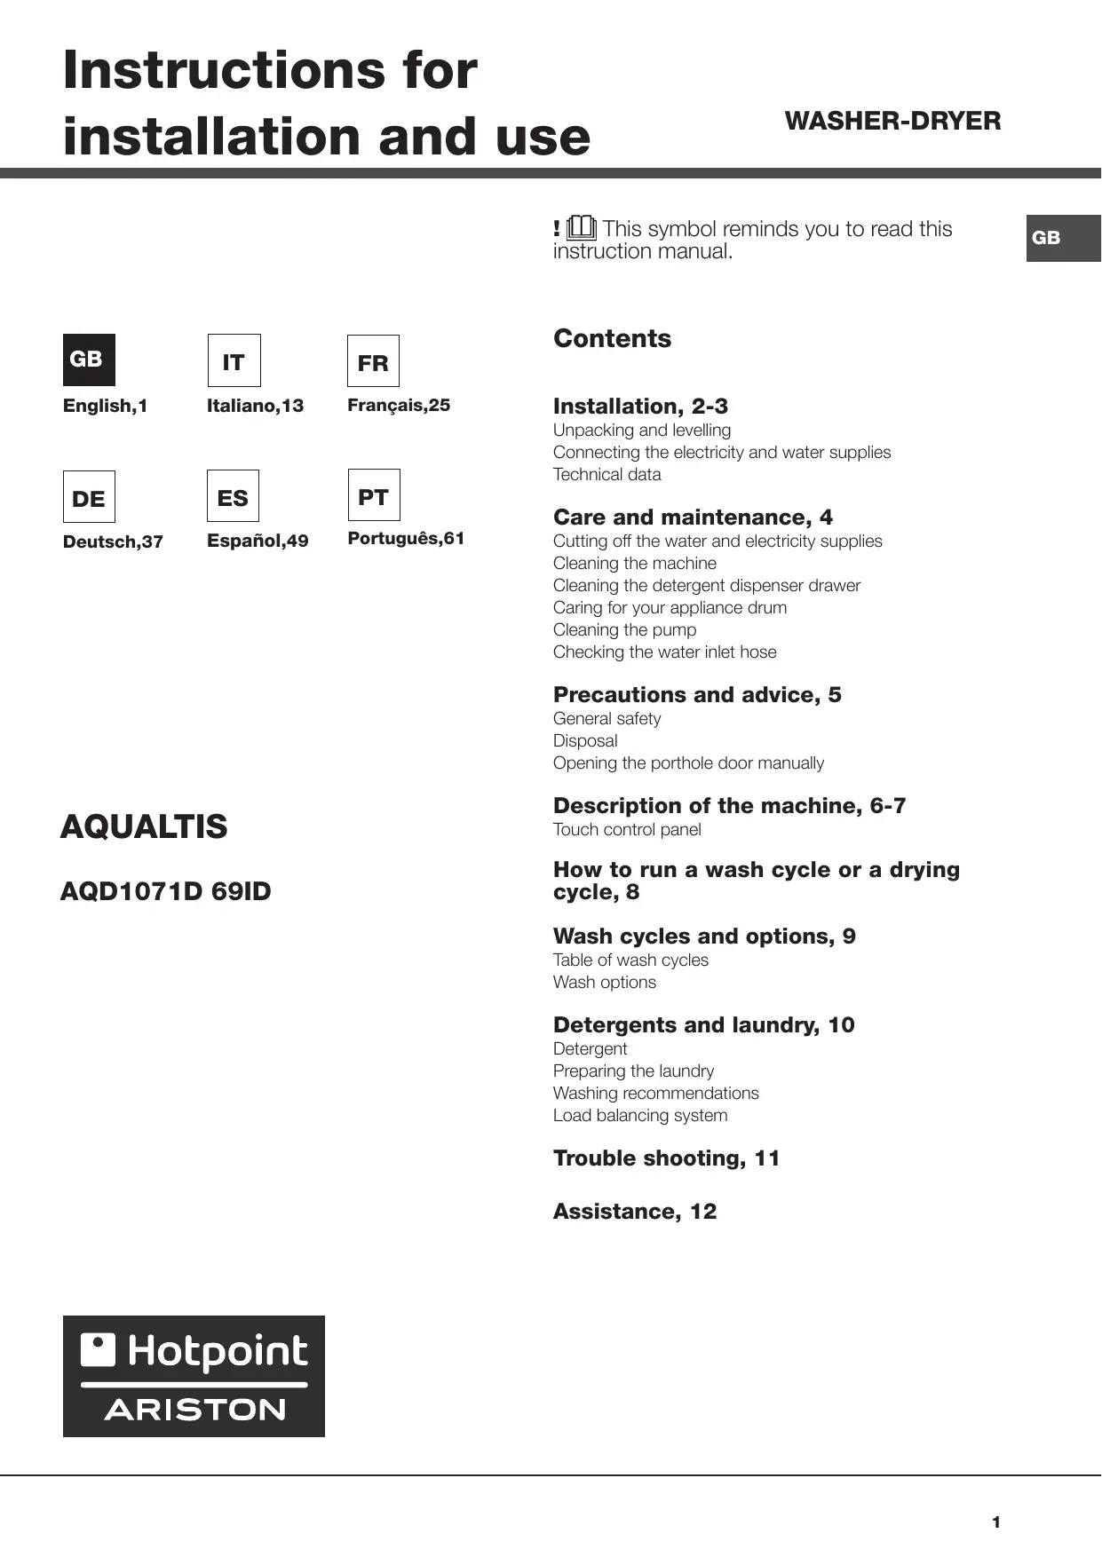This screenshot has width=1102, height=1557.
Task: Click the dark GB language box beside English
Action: coord(89,360)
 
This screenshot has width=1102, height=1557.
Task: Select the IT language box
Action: coord(234,360)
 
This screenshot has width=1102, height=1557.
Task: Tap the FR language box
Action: coord(373,361)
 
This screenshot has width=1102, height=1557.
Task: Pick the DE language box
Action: coord(89,497)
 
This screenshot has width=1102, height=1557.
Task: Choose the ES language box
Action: coord(233,496)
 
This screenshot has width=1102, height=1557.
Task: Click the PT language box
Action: coord(374,495)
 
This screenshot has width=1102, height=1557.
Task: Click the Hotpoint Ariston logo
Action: coord(194,1376)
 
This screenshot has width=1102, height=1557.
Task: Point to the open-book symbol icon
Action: coord(582,228)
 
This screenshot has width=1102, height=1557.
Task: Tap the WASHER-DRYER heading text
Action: coord(892,121)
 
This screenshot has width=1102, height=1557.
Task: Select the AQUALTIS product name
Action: coord(144,826)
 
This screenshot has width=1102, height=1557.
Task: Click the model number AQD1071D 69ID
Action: coord(165,891)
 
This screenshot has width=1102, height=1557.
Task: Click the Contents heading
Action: coord(612,338)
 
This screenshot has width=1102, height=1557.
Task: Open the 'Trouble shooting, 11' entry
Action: coord(666,1158)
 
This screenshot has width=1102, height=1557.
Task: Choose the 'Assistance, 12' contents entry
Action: coord(634,1212)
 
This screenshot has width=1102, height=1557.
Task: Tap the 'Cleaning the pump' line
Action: coord(624,630)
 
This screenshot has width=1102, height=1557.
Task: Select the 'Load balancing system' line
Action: coord(639,1116)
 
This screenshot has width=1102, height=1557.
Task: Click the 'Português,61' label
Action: coord(406,539)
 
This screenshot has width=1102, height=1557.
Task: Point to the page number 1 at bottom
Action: coord(996,1522)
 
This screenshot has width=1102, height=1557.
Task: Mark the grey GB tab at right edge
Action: coord(1063,238)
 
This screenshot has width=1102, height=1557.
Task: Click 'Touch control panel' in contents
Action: coord(627,830)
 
